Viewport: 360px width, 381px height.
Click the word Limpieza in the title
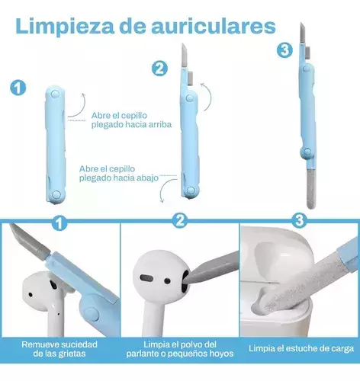click(x=65, y=26)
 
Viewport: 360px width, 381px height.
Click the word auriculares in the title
click(x=214, y=26)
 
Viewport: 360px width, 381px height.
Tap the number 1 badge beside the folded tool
click(x=18, y=88)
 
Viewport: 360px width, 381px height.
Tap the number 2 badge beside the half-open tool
click(x=159, y=69)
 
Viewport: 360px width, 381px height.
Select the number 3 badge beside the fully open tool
click(x=284, y=50)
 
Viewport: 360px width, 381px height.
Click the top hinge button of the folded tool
click(x=55, y=94)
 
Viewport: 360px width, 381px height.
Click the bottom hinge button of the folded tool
click(x=56, y=195)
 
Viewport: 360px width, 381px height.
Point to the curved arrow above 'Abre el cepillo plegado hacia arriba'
click(x=76, y=105)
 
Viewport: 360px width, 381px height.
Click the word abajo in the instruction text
click(x=148, y=178)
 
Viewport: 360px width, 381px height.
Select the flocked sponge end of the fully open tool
click(x=311, y=188)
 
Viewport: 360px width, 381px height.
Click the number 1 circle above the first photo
click(x=59, y=223)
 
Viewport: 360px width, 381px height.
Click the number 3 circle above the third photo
click(x=299, y=220)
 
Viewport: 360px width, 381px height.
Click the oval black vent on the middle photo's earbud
click(x=147, y=277)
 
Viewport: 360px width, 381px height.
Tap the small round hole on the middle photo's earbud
click(x=167, y=281)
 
